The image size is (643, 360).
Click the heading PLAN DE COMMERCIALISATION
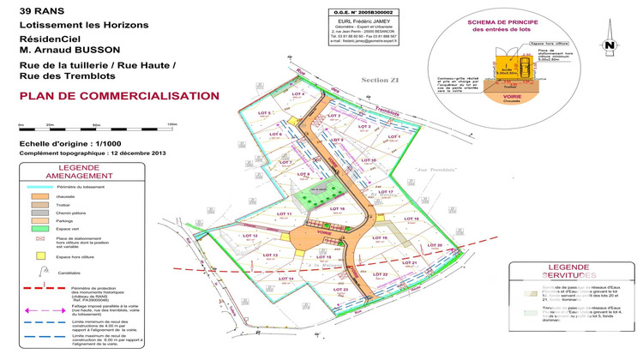tap(107, 96)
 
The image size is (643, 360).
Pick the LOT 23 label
tap(339, 290)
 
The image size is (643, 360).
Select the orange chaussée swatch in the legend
tap(39, 196)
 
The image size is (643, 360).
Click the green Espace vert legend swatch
tap(39, 229)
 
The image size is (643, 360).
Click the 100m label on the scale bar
tap(171, 125)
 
